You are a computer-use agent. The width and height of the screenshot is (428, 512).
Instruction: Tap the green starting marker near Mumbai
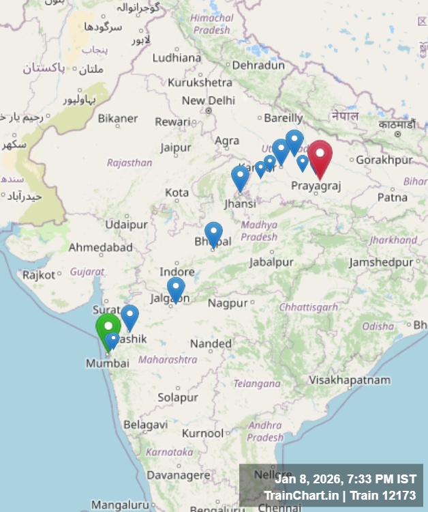(x=108, y=327)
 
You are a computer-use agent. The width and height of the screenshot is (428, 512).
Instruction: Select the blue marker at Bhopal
(x=213, y=233)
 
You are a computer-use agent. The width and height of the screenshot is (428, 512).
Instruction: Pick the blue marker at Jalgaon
(x=176, y=288)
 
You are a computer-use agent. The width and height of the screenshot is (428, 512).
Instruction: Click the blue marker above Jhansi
(x=240, y=177)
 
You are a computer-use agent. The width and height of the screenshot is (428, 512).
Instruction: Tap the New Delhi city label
(x=208, y=101)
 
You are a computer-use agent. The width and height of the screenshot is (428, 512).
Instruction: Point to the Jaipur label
(x=176, y=147)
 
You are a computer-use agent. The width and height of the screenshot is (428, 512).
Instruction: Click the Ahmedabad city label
(x=100, y=247)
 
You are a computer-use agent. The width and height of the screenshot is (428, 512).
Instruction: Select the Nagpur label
(x=228, y=302)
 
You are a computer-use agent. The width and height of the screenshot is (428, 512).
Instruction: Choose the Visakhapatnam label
(x=350, y=380)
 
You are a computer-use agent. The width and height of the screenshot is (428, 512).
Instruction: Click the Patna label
(x=393, y=197)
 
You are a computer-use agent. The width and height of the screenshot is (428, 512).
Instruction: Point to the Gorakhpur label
(x=384, y=160)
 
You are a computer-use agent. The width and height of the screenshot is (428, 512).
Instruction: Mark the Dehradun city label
(x=258, y=66)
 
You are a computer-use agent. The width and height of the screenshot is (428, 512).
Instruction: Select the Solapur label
(x=177, y=397)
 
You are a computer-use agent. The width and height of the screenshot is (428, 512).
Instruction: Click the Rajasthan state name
(x=129, y=162)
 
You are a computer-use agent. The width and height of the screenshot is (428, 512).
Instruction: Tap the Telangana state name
(x=257, y=384)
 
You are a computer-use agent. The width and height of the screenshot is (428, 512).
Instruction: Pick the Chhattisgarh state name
(x=308, y=307)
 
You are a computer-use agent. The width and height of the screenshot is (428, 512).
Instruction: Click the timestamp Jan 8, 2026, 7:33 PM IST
(x=345, y=479)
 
